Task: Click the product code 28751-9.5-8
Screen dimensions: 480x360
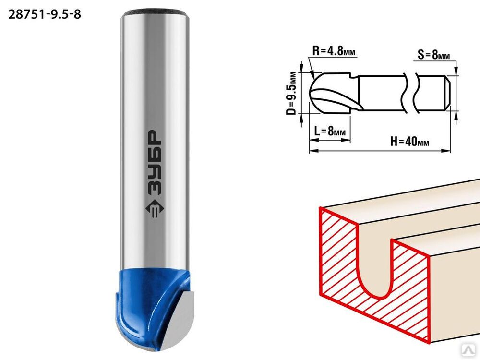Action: [45, 14]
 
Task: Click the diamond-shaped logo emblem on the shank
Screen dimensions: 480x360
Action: [154, 210]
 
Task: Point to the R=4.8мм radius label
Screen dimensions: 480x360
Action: [334, 50]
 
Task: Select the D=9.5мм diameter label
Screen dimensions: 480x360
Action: [292, 94]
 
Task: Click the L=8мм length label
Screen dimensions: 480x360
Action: [330, 131]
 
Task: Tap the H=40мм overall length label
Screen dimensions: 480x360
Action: [409, 142]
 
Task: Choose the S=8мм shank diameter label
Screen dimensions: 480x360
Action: [434, 55]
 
